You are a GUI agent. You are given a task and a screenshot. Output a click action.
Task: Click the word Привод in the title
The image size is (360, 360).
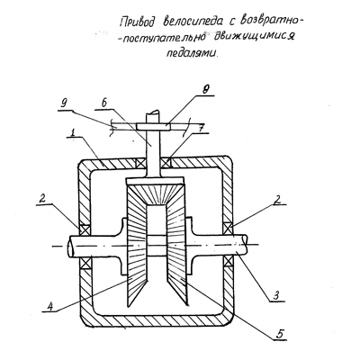pyautogui.click(x=139, y=22)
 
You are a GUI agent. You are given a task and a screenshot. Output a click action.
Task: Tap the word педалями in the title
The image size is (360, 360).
pyautogui.click(x=191, y=52)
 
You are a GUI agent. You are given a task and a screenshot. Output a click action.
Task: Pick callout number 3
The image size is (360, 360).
pyautogui.click(x=276, y=295)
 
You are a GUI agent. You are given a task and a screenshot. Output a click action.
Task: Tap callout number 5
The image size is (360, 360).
pyautogui.click(x=281, y=334)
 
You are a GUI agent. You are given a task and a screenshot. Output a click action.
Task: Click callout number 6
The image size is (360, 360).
pyautogui.click(x=104, y=103)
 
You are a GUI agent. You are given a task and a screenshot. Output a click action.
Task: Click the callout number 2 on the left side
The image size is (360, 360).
pyautogui.click(x=43, y=199)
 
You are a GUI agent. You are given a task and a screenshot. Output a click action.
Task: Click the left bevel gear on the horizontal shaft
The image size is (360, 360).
pyautogui.click(x=137, y=246)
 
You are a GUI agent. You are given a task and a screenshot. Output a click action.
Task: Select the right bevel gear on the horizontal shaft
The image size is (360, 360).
pyautogui.click(x=177, y=246)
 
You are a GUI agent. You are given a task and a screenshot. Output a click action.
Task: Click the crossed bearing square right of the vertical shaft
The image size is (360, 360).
pyautogui.click(x=166, y=163)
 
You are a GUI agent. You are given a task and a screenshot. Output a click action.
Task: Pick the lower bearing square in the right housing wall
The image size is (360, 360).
pyautogui.click(x=228, y=262)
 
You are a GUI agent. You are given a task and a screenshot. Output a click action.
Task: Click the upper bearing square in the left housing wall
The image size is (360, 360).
pyautogui.click(x=85, y=229)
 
